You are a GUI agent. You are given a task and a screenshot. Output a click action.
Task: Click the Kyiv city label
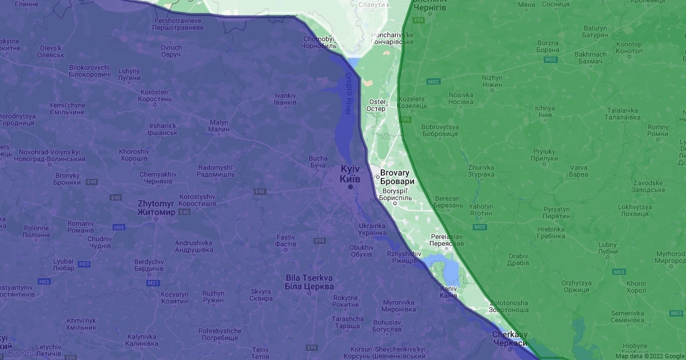[x=350, y=174]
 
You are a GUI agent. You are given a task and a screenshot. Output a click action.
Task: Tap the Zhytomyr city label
[x=156, y=207]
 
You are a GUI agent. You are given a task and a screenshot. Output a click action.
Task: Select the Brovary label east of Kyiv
[x=395, y=177]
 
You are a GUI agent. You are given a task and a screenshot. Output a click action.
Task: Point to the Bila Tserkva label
[x=309, y=282]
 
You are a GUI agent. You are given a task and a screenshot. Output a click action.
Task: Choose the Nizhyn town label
[x=492, y=81]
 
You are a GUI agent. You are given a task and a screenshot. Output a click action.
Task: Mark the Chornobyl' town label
[x=317, y=43]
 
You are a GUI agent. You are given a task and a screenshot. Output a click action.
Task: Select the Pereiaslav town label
[x=446, y=240]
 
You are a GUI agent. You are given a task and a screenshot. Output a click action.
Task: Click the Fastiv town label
[x=285, y=241]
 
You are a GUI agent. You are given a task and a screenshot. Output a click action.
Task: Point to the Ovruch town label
[x=171, y=51]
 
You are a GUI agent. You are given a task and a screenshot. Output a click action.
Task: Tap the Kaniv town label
[x=448, y=292]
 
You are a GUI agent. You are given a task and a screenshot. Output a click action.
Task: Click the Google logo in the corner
[x=22, y=352]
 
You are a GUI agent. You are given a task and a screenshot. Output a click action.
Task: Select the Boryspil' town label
[x=397, y=194]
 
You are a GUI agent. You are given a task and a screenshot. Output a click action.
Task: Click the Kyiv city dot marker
[x=350, y=187]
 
